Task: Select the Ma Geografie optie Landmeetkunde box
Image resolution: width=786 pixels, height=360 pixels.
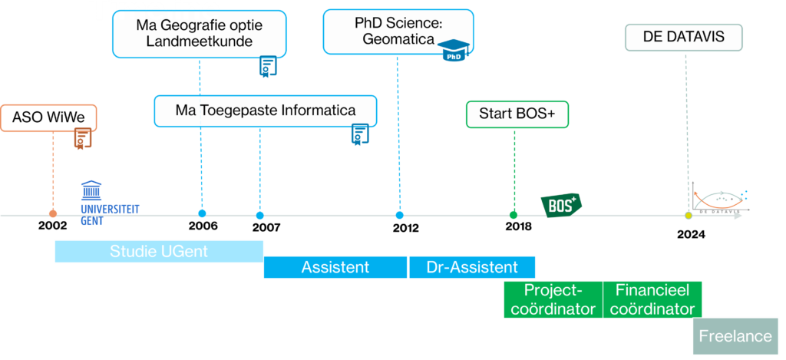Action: tap(199, 34)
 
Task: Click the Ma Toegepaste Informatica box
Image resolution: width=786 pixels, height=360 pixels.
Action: tap(265, 111)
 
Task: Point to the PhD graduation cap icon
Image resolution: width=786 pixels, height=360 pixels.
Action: tap(453, 51)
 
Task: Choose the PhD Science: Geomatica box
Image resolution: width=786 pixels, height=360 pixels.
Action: tap(398, 31)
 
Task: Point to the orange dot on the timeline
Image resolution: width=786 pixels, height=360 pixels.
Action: tap(52, 213)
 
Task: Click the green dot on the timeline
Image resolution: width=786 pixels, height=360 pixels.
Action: tap(514, 215)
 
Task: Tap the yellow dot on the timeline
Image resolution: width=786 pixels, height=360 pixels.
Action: tap(689, 216)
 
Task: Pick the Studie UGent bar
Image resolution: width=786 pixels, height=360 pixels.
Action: tap(159, 251)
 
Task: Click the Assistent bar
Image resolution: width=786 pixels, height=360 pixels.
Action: tap(335, 267)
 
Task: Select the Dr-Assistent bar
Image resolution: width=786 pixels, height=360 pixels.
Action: tap(471, 267)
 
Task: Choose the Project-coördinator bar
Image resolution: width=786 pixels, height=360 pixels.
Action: tap(553, 299)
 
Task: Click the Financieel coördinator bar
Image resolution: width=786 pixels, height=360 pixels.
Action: tap(652, 299)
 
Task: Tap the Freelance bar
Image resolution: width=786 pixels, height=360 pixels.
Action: tap(735, 336)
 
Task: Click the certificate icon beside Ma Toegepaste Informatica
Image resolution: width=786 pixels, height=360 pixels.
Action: tap(357, 135)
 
